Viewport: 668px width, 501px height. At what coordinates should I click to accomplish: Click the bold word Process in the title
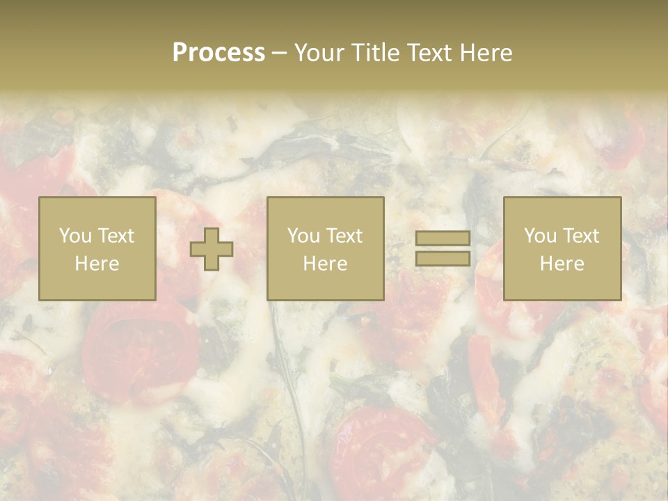(218, 53)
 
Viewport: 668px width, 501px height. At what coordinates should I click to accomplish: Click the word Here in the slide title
(488, 53)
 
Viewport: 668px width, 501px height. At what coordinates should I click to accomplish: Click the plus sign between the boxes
(212, 248)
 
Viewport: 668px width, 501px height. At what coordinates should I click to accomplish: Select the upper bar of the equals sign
(443, 238)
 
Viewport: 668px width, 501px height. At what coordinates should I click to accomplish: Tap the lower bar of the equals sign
(443, 258)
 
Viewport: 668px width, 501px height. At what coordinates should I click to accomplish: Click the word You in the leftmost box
(74, 236)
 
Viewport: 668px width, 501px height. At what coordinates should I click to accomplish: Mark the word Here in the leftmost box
(97, 264)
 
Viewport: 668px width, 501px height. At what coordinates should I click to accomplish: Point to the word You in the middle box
(303, 236)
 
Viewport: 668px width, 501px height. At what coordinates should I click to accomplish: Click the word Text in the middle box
(344, 236)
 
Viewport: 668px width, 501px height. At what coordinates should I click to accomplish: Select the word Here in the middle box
(325, 264)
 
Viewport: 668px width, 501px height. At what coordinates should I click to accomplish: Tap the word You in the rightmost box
(540, 236)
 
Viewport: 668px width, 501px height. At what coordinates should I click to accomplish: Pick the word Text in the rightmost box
(580, 236)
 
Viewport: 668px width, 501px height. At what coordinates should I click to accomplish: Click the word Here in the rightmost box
(562, 264)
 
